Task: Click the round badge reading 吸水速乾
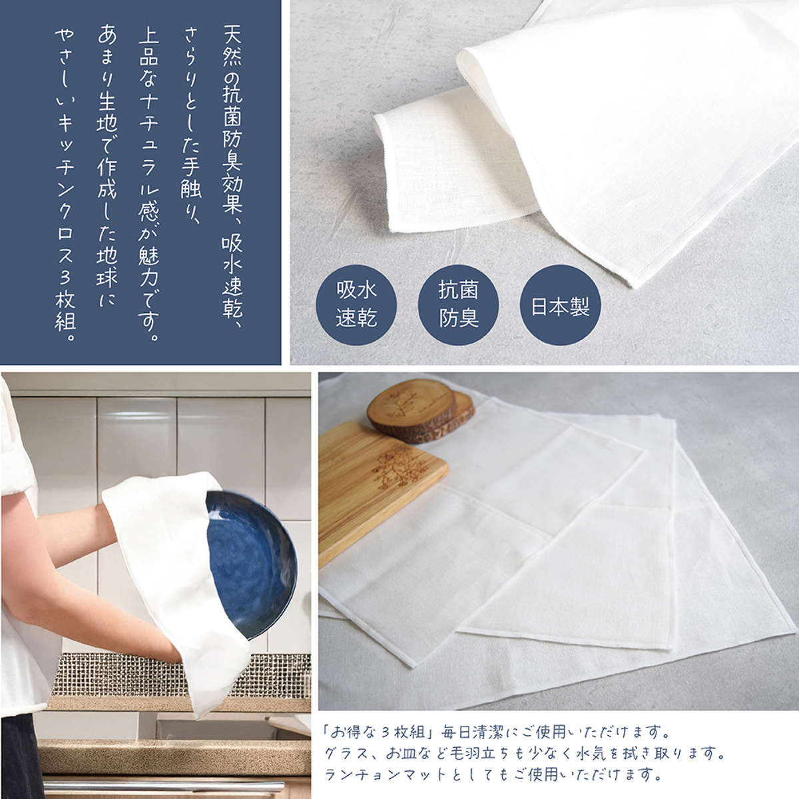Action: pos(356,305)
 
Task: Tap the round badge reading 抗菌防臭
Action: pos(458,305)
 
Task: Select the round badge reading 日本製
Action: pos(560,305)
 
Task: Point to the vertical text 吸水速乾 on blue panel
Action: pos(232,276)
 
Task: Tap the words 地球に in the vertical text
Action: pos(107,274)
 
